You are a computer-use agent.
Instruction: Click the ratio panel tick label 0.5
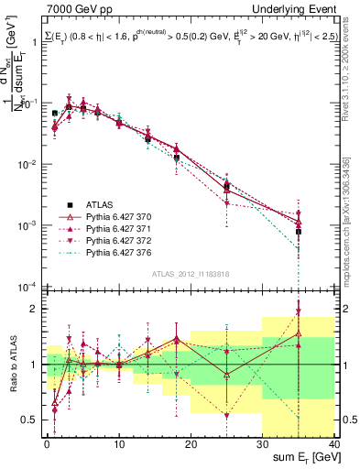coord(30,420)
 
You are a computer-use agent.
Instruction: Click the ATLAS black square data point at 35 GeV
coord(299,232)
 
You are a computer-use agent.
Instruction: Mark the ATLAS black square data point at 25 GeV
coord(226,186)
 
